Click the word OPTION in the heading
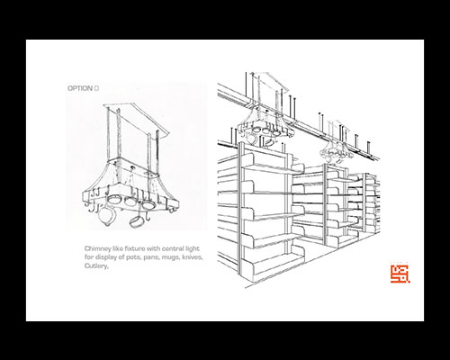(80, 88)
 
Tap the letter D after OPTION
(96, 88)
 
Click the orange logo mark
(400, 274)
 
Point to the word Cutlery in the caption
(96, 266)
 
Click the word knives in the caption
(193, 257)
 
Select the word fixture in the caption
(130, 248)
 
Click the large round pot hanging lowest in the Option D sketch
(106, 216)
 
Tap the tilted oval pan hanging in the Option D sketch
(136, 221)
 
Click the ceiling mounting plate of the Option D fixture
(137, 120)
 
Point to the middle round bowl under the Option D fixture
(130, 201)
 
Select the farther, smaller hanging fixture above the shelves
(336, 150)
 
